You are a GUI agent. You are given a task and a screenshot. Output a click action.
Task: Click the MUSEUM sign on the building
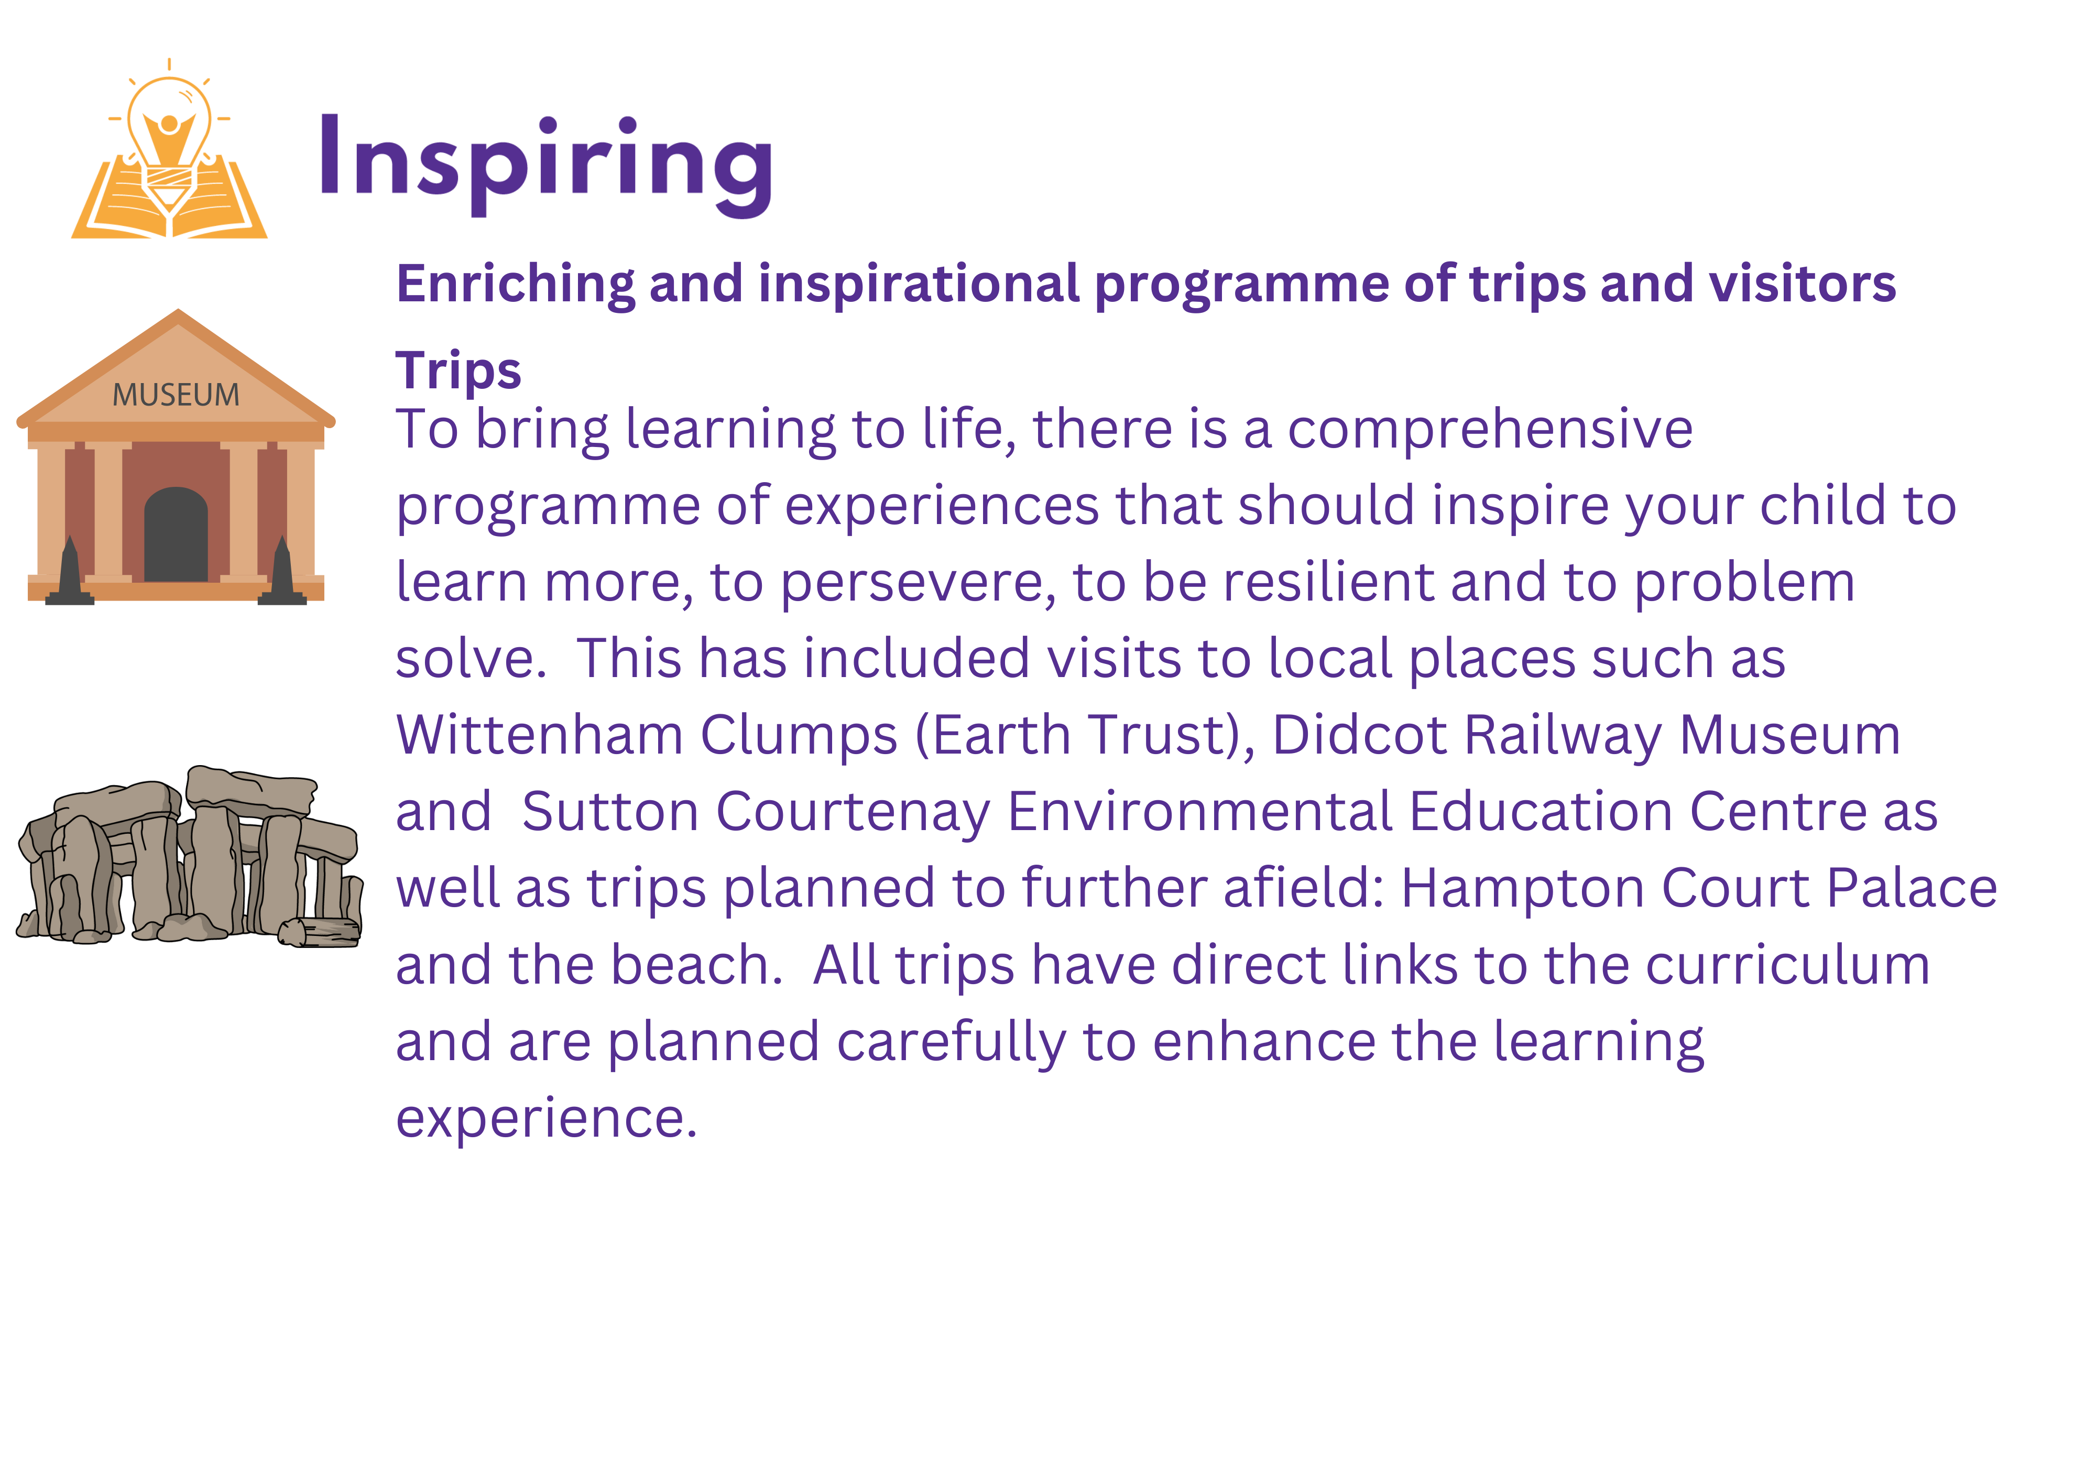176,395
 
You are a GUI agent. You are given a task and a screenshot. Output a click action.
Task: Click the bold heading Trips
458,371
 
